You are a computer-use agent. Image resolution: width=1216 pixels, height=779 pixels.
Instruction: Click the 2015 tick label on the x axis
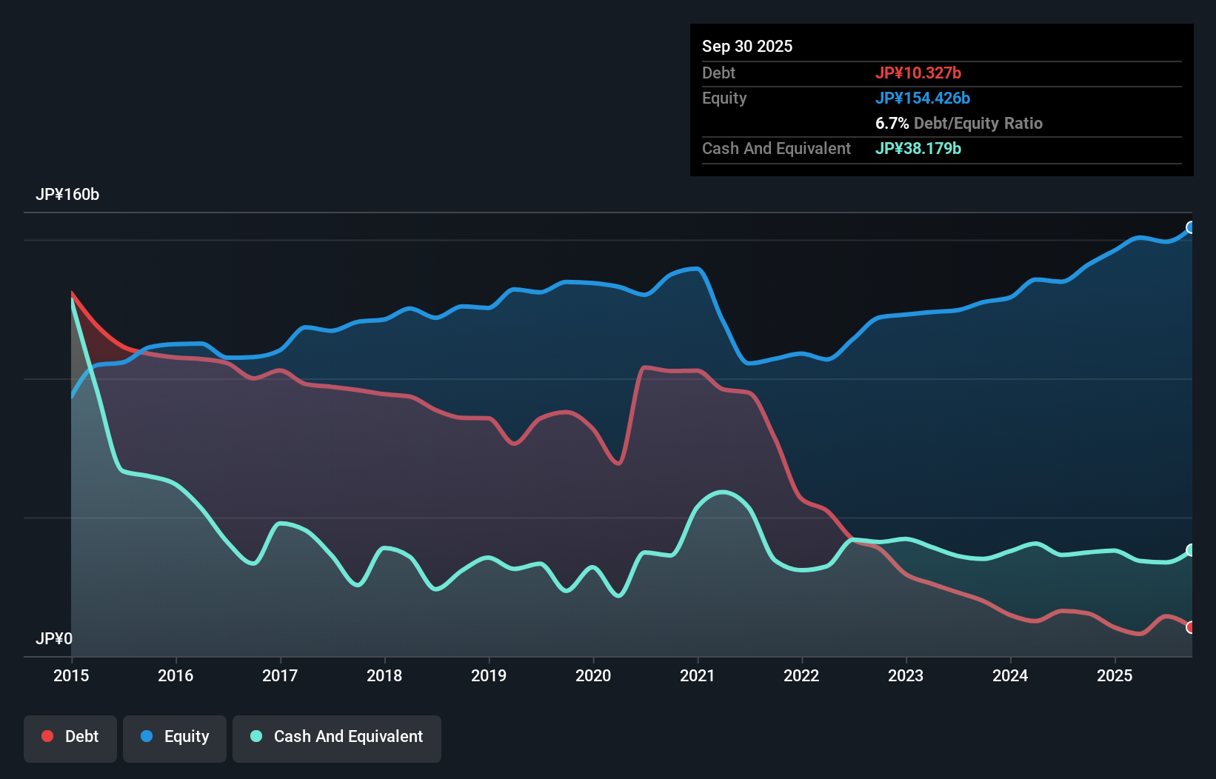point(71,675)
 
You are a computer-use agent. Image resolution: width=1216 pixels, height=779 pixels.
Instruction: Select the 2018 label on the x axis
point(384,675)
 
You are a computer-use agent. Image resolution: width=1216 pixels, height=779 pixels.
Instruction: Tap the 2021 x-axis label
point(697,675)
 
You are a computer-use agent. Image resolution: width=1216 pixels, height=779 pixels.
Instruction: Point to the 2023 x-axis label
point(906,675)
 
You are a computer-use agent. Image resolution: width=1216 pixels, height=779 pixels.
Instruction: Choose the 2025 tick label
point(1115,675)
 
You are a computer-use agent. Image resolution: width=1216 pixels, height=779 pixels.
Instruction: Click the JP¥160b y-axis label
point(67,195)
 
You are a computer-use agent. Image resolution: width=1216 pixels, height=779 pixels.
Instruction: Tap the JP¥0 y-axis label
point(54,638)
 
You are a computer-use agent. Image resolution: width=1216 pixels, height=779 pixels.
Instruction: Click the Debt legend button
point(70,737)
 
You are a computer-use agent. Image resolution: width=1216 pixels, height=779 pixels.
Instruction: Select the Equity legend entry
point(175,737)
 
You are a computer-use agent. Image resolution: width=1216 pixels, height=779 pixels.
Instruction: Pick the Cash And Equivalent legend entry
point(337,737)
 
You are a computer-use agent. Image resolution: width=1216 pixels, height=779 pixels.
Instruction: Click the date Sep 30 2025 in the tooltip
point(747,47)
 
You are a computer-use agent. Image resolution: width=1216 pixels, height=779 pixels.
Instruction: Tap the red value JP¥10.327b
point(918,73)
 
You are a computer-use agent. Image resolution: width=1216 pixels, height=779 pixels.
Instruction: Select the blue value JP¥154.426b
point(923,98)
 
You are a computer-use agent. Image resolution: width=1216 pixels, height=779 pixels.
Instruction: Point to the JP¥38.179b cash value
point(918,148)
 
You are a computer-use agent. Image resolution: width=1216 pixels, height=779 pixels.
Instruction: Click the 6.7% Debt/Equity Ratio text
point(959,123)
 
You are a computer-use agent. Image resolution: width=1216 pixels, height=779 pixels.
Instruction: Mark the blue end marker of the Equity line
point(1191,227)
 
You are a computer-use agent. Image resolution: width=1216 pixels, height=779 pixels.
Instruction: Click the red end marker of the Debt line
point(1191,627)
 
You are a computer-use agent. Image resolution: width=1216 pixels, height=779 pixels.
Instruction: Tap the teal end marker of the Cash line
point(1191,549)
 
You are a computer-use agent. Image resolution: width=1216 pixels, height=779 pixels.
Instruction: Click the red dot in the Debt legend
point(47,736)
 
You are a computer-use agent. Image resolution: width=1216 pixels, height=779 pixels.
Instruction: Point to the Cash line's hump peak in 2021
point(722,492)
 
